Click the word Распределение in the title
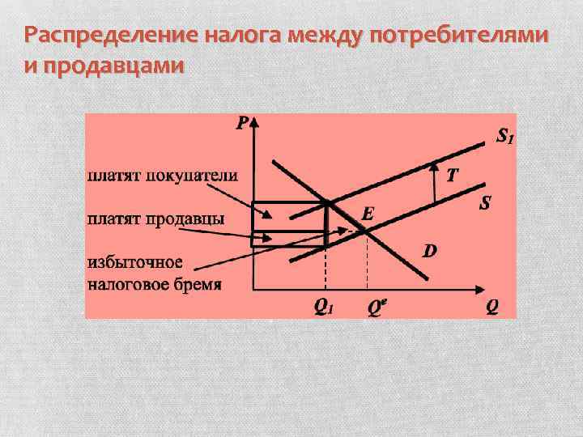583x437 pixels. click(111, 37)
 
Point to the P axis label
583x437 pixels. click(242, 124)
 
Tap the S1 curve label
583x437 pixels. click(504, 138)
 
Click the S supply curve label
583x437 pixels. click(485, 203)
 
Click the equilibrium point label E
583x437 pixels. click(368, 214)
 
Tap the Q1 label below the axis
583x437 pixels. click(325, 307)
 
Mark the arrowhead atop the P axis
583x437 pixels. click(255, 121)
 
